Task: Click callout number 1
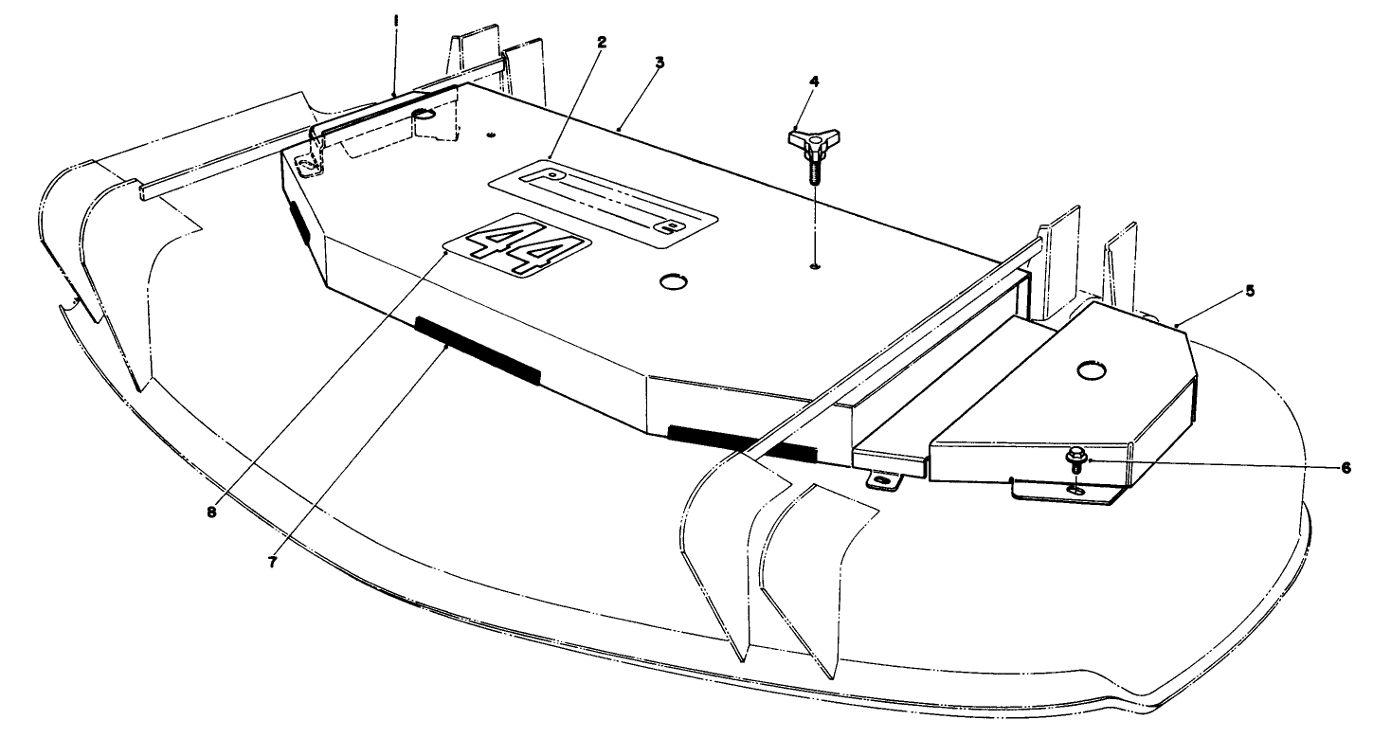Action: [x=396, y=19]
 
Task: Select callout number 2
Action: [x=602, y=43]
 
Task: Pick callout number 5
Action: [x=1250, y=291]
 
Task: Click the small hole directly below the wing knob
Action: [x=816, y=267]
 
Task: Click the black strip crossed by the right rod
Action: [x=739, y=443]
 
